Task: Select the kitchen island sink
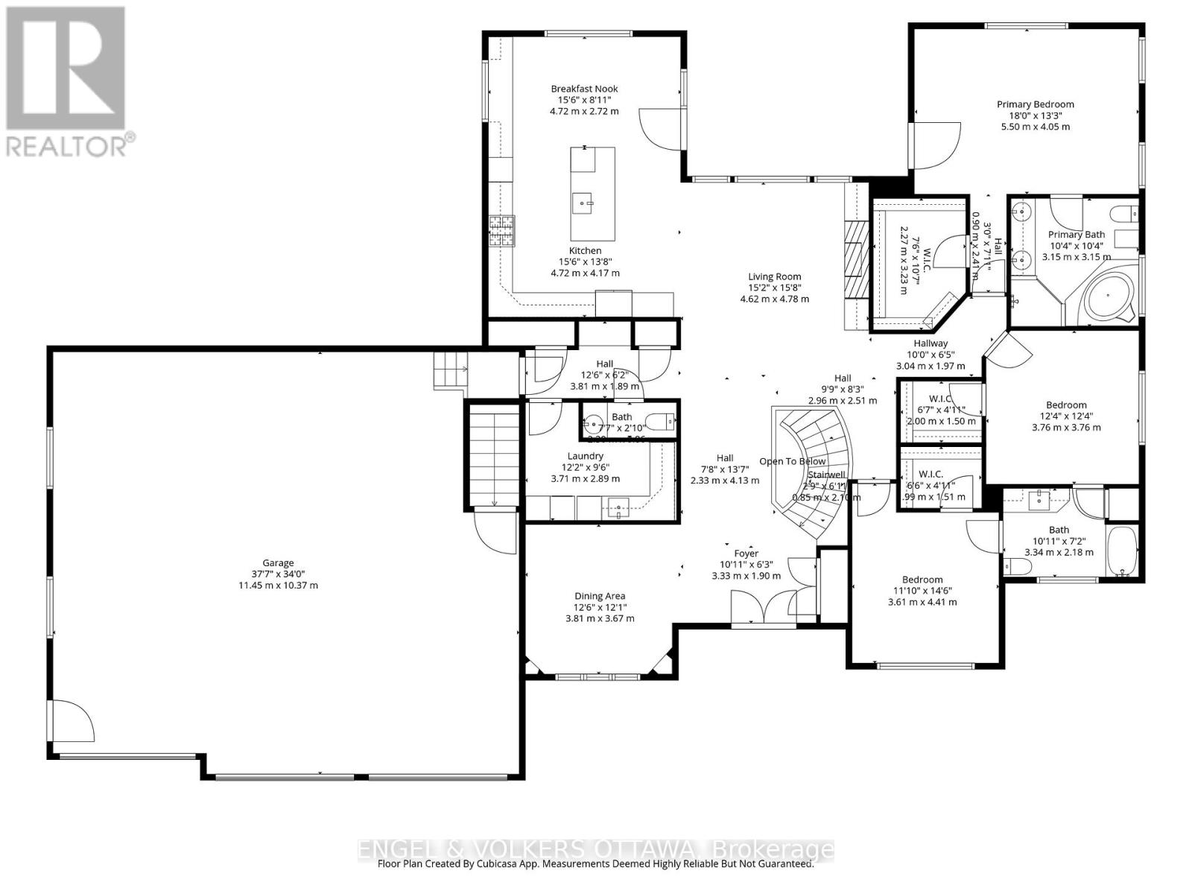click(x=583, y=202)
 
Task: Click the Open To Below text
click(x=792, y=461)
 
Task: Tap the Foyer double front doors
click(x=764, y=607)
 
